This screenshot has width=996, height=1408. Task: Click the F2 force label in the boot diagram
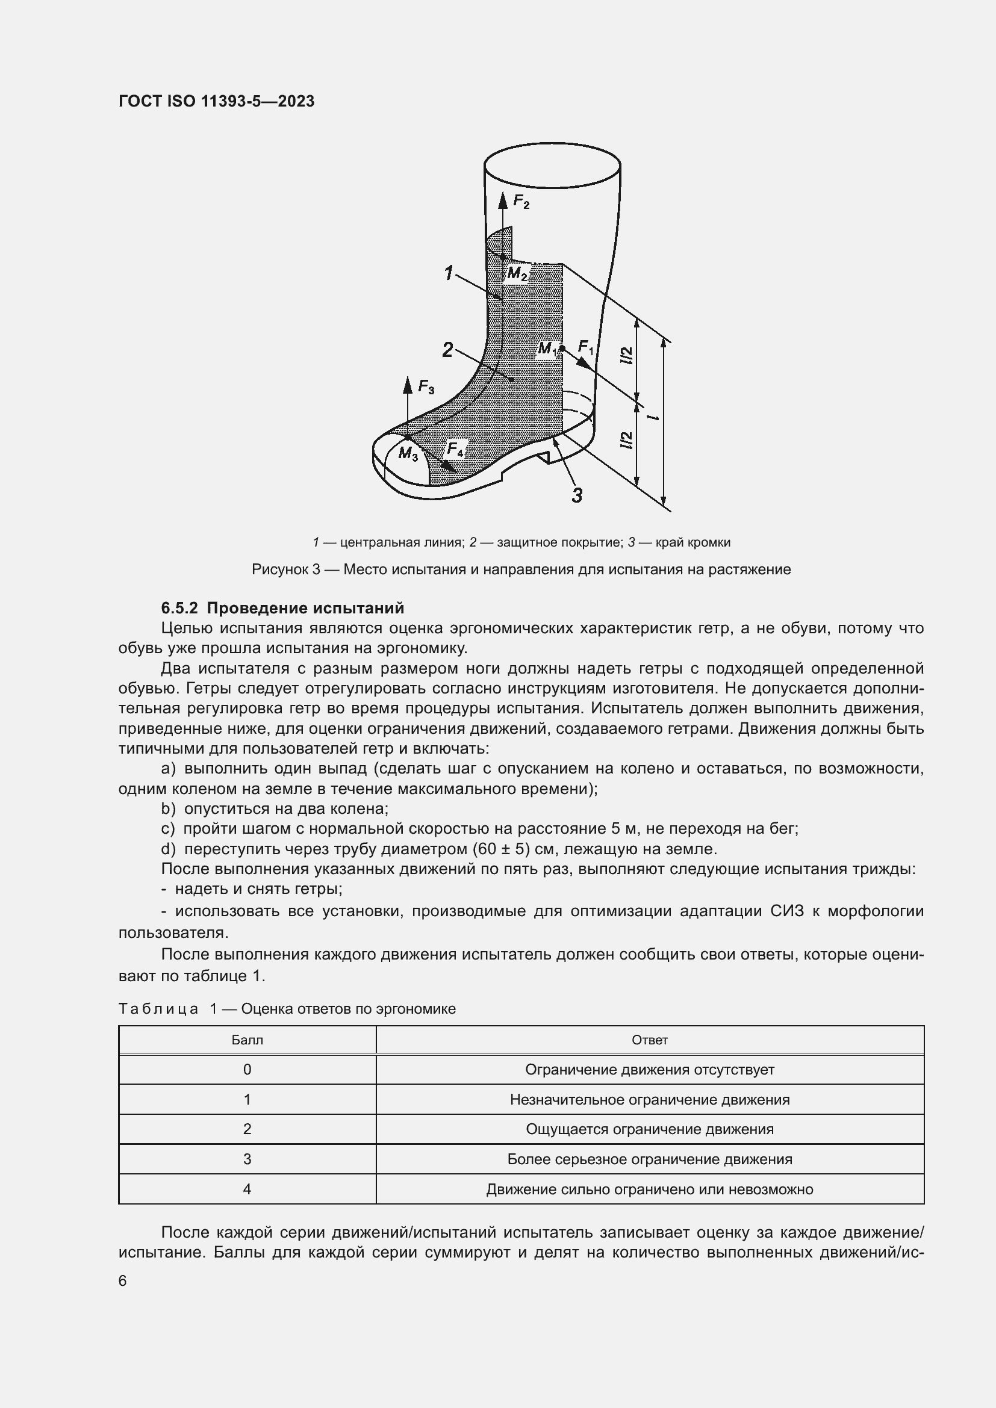click(x=521, y=202)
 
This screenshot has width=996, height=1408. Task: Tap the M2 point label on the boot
click(x=517, y=273)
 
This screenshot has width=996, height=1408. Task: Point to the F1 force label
click(x=586, y=348)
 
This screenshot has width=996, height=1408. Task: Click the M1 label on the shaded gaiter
click(x=547, y=350)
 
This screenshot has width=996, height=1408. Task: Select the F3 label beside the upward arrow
click(x=426, y=387)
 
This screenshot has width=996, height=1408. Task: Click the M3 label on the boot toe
click(x=408, y=454)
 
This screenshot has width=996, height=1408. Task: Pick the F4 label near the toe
click(x=455, y=450)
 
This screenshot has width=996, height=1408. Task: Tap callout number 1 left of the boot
click(x=449, y=273)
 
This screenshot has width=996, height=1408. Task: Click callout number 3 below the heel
click(x=576, y=495)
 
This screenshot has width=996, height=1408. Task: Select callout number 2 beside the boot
click(x=447, y=350)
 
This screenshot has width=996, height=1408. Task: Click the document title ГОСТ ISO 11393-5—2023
click(x=216, y=101)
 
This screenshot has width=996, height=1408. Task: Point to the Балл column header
click(x=247, y=1040)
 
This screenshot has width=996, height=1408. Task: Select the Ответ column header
click(x=650, y=1040)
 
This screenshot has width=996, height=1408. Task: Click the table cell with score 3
click(x=247, y=1159)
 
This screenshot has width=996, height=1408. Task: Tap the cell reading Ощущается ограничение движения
click(x=650, y=1129)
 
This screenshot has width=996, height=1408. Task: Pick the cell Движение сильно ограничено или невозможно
click(x=650, y=1189)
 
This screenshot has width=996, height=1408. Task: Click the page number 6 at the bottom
click(x=123, y=1280)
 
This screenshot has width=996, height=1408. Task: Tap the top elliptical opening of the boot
click(x=552, y=165)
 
